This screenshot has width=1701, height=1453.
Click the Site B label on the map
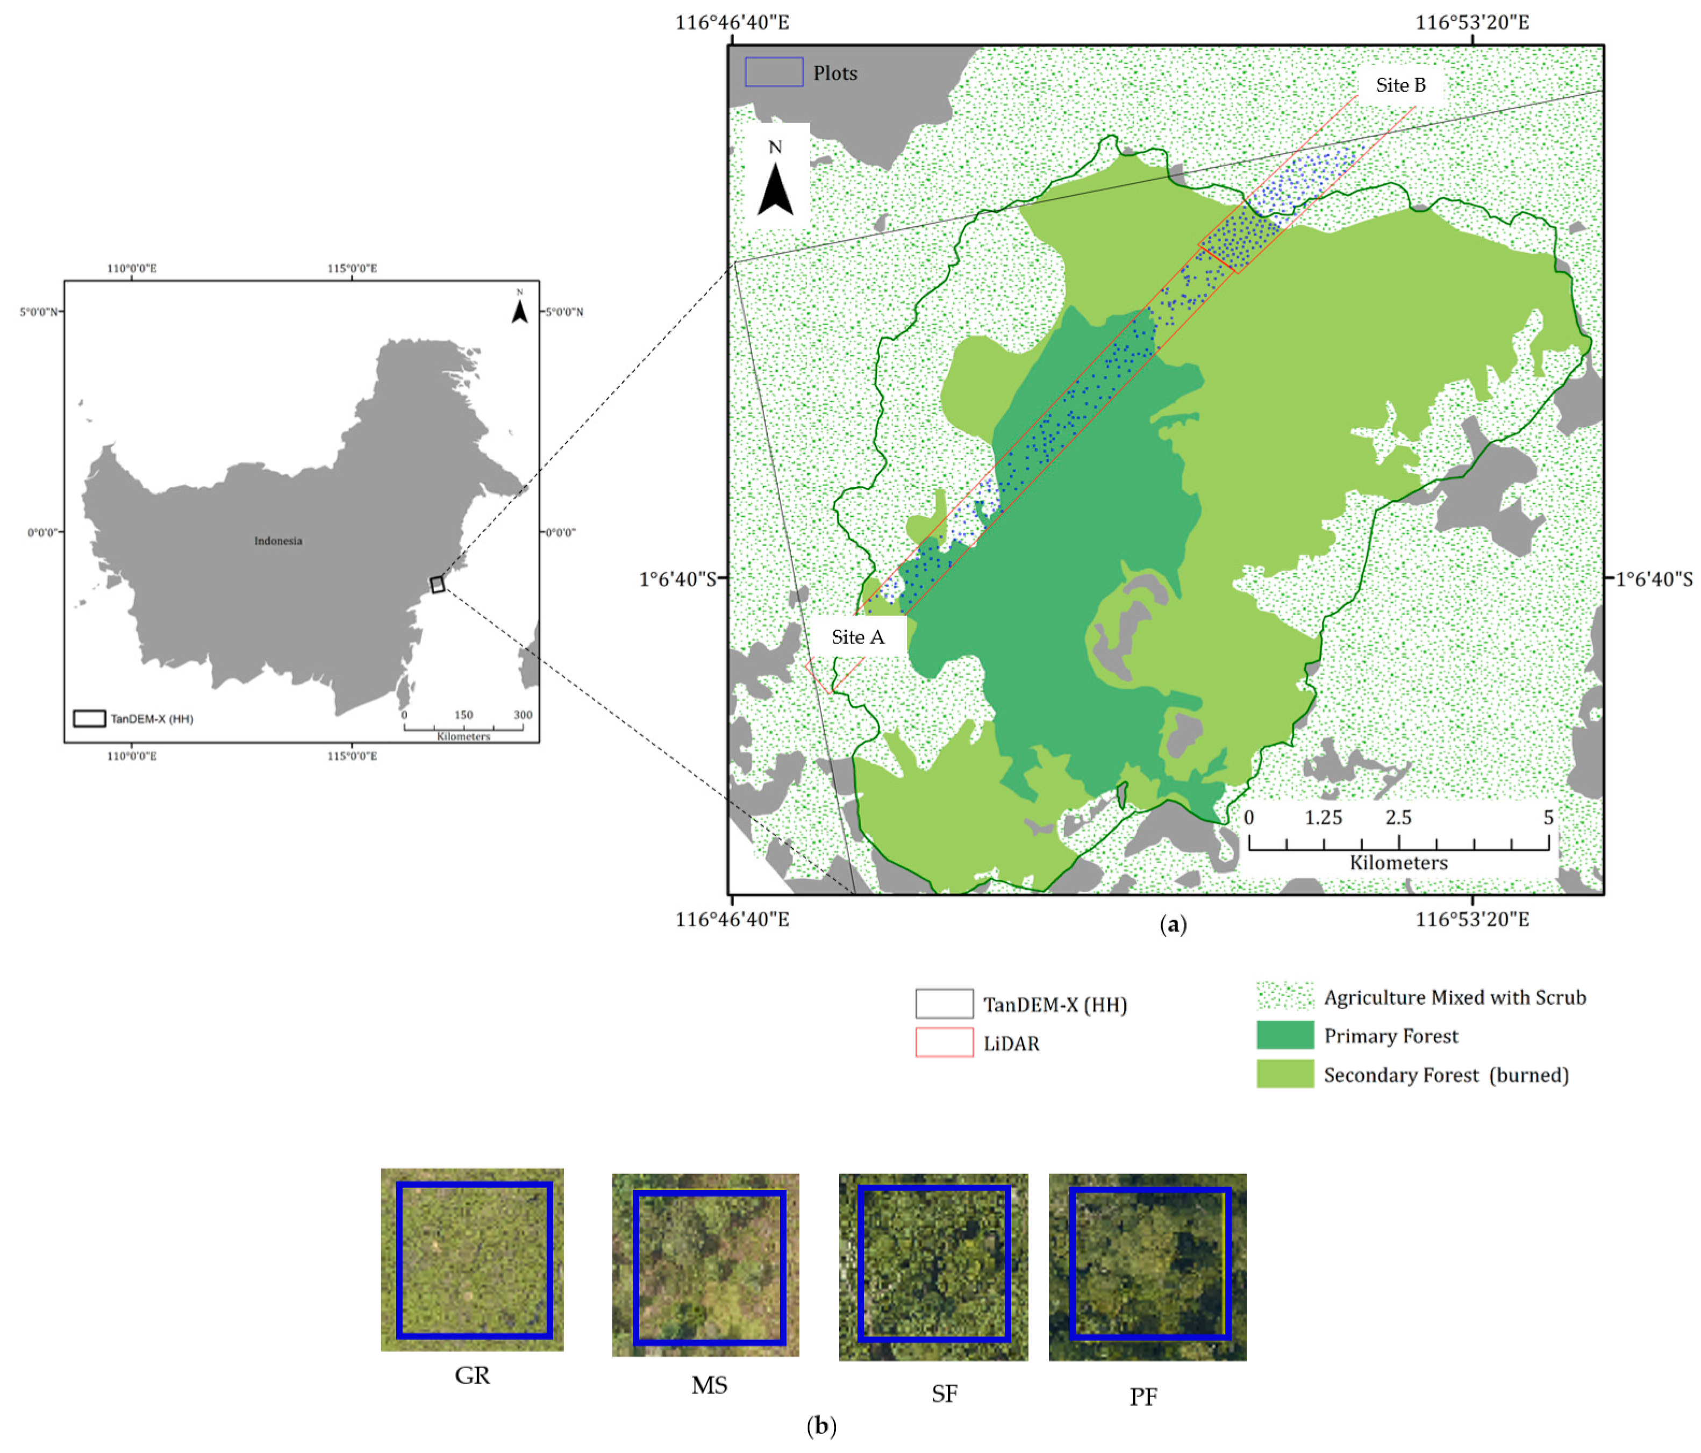point(1400,84)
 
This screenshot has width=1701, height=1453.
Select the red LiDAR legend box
point(944,1042)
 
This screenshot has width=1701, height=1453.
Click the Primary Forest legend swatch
point(1285,1035)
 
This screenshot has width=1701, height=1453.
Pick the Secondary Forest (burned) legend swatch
point(1285,1073)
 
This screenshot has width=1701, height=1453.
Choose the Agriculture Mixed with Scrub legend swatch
point(1285,996)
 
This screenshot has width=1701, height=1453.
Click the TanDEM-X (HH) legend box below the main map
point(944,1003)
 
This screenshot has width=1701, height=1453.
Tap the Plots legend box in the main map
point(773,72)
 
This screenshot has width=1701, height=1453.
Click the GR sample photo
point(472,1259)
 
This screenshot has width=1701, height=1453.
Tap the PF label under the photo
point(1143,1397)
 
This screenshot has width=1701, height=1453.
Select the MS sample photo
point(705,1265)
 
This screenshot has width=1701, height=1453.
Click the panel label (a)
point(1173,925)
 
